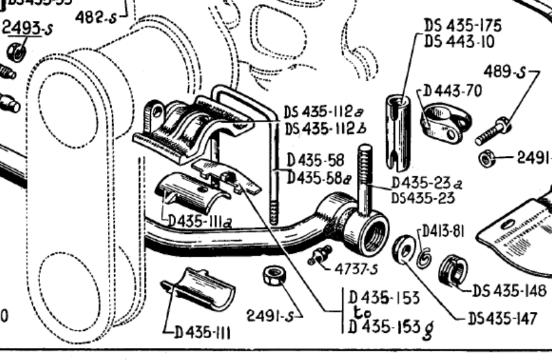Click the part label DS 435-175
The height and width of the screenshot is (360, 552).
(463, 26)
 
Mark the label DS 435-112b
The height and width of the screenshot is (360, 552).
(325, 129)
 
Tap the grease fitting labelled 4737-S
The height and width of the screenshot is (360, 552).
(319, 255)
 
